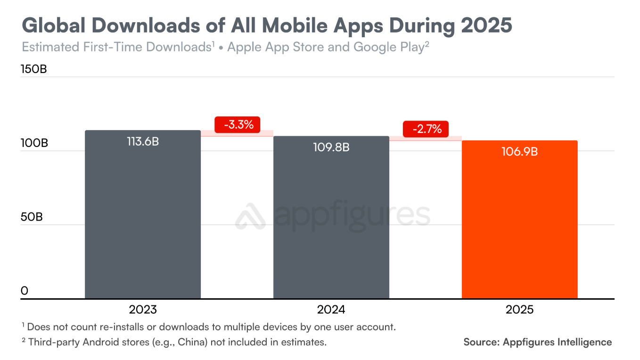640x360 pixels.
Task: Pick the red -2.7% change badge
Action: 425,129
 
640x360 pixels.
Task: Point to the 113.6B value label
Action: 143,141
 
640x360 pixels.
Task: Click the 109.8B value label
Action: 331,147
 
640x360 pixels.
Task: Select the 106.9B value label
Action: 519,152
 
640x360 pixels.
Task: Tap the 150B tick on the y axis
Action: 34,70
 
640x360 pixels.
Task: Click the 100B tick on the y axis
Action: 34,144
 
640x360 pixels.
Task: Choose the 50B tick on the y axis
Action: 32,217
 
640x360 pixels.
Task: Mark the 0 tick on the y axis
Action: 25,291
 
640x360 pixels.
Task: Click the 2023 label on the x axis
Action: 143,310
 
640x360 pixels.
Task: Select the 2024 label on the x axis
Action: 331,310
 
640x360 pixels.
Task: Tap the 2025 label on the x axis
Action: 519,310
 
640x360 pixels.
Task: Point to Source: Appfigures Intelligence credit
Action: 537,342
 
